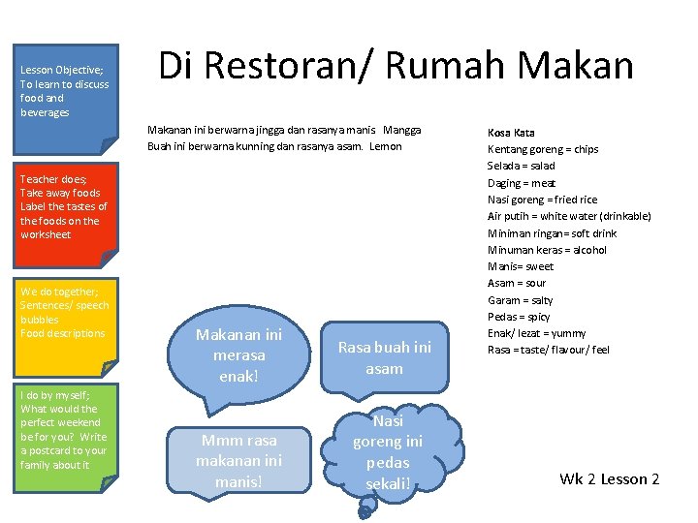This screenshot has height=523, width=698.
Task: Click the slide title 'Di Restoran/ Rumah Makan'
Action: (396, 66)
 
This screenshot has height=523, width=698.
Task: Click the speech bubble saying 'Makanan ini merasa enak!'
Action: (238, 354)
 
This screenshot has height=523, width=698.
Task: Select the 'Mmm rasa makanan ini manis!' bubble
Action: (238, 459)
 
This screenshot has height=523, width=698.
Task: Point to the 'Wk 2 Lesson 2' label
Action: (609, 479)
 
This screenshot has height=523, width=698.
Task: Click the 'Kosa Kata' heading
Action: (511, 133)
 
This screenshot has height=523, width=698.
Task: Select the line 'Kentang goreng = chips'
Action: (542, 149)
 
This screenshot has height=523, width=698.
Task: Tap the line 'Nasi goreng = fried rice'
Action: (543, 200)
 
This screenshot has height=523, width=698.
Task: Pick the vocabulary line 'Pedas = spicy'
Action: (518, 317)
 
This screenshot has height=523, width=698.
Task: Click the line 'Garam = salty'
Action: (520, 300)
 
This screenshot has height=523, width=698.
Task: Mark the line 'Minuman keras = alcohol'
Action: (547, 250)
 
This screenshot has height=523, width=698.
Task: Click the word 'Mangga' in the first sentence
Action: (402, 130)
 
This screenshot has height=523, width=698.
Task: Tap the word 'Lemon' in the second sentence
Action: (385, 146)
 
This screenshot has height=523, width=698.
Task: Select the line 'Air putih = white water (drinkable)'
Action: (568, 216)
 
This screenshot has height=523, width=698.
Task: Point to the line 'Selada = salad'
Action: (521, 166)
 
